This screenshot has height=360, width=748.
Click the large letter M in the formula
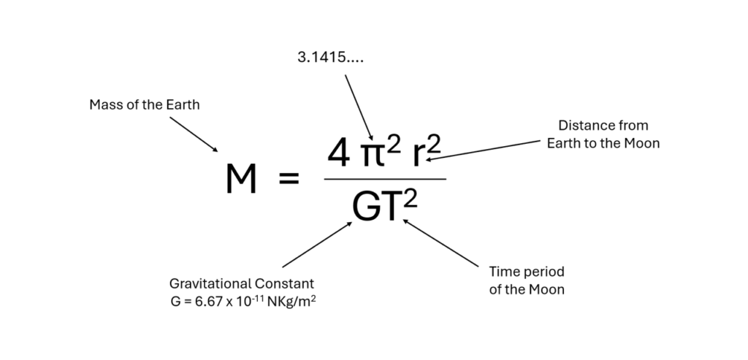241,180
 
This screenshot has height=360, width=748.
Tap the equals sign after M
289,180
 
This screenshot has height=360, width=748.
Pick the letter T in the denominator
393,207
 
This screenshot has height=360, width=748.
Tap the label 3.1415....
330,57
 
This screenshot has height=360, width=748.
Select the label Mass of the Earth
144,105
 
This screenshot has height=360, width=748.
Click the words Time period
527,272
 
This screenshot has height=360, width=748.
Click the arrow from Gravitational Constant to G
317,245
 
